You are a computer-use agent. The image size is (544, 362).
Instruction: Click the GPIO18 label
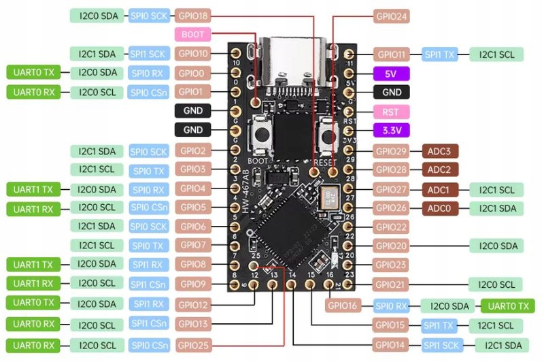193,15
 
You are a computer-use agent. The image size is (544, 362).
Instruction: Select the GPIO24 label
392,15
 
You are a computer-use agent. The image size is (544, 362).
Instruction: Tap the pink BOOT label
193,34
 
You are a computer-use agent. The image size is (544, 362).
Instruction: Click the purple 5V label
391,73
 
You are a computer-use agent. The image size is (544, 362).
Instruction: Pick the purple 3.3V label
391,130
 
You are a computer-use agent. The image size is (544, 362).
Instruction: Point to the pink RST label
391,111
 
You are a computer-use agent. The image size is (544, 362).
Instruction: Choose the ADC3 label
440,150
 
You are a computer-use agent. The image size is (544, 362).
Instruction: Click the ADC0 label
440,208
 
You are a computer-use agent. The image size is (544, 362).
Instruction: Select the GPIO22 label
392,227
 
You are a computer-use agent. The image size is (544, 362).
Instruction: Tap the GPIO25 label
193,345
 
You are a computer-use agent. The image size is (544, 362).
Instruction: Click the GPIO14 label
392,345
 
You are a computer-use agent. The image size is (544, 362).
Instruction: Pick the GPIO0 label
193,72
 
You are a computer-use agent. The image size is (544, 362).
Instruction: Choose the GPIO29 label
392,150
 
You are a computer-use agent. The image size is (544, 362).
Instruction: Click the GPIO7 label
193,245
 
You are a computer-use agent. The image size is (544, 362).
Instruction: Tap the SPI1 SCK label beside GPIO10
148,53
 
